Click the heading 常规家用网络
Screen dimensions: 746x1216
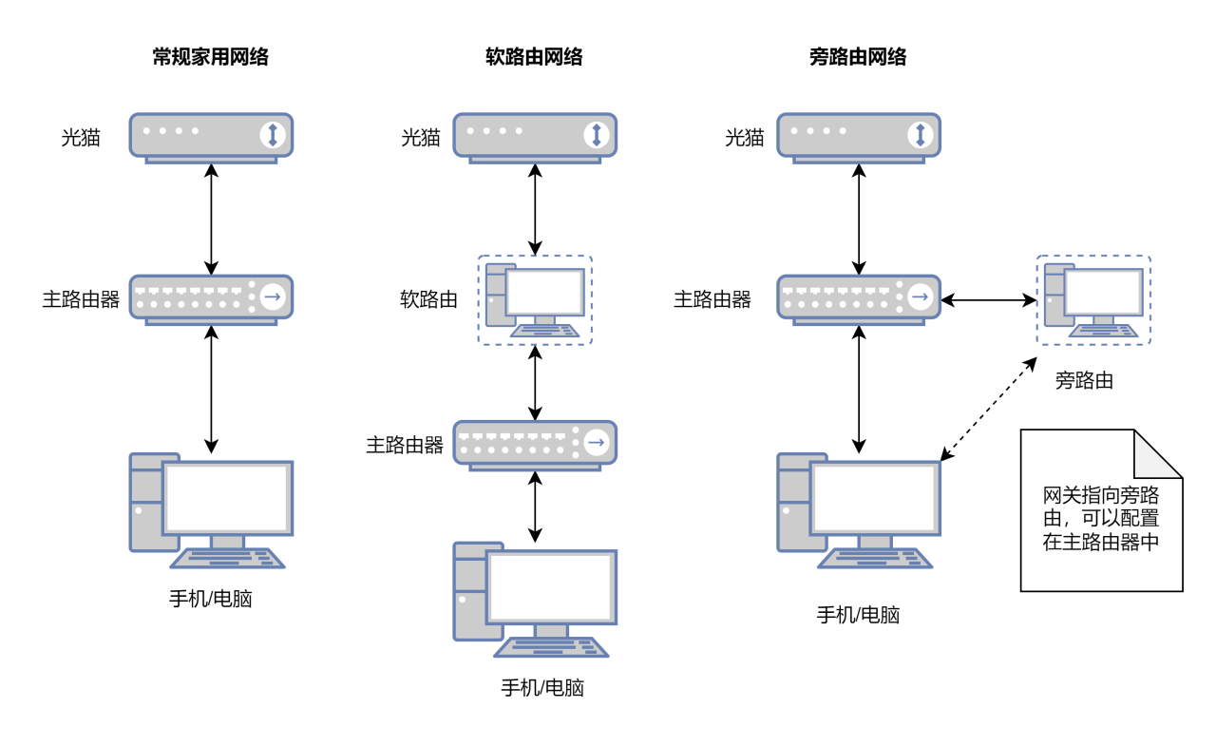(x=211, y=58)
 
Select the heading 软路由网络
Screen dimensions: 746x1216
(x=534, y=58)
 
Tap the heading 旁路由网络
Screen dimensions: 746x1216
(x=858, y=58)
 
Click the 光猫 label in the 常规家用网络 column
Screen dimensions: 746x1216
(x=82, y=138)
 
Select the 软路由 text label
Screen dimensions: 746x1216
(x=428, y=300)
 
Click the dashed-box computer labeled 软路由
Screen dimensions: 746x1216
(x=535, y=300)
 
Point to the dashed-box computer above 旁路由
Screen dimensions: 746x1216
(x=1093, y=300)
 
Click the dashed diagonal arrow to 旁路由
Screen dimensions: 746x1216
(x=989, y=410)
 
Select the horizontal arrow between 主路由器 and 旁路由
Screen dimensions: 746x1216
(x=988, y=300)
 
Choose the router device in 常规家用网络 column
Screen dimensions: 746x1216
(x=211, y=298)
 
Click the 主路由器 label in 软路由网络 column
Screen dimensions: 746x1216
(x=405, y=445)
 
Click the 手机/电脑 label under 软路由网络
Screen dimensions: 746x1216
(x=542, y=688)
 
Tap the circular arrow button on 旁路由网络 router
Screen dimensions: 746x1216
(x=920, y=297)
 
